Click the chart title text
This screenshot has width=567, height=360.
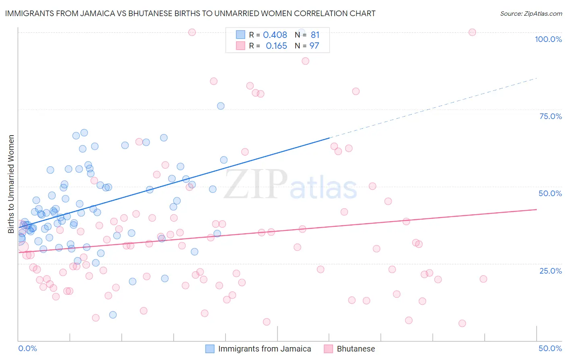click(190, 13)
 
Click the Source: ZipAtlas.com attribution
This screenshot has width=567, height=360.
click(531, 13)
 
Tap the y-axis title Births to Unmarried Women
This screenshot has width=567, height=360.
click(11, 184)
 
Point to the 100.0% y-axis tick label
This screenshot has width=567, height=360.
click(548, 39)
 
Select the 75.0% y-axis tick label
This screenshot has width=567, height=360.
click(550, 116)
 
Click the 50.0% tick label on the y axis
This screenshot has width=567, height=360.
click(550, 193)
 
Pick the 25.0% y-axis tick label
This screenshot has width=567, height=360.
click(550, 270)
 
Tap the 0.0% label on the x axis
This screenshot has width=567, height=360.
click(27, 348)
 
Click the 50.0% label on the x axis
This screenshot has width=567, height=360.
click(550, 348)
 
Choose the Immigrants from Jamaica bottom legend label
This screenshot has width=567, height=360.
click(265, 349)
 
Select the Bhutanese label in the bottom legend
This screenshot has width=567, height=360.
click(356, 349)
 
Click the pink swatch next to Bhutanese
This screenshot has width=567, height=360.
click(328, 349)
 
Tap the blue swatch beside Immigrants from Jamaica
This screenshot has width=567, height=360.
click(210, 349)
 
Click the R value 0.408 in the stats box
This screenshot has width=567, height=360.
click(275, 35)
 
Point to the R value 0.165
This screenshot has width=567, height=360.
click(276, 46)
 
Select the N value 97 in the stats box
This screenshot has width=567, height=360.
click(314, 46)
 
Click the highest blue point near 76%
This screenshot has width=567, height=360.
click(221, 106)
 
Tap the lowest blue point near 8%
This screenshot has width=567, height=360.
click(113, 315)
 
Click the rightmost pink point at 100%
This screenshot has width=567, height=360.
click(472, 32)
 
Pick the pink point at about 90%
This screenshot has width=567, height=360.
click(305, 61)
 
